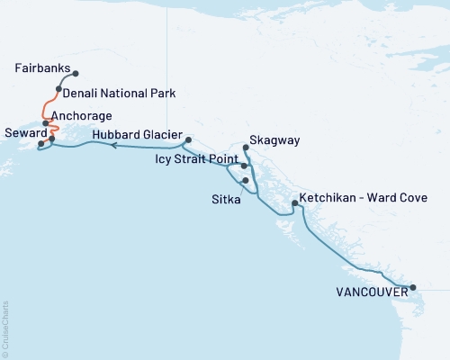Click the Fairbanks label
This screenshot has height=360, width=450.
pos(41,68)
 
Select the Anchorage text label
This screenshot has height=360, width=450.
pos(82,116)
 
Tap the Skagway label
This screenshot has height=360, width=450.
pos(274,141)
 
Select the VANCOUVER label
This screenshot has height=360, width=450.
pos(369,292)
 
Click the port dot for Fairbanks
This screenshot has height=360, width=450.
pos(76,74)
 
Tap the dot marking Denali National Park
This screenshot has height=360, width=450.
pos(58,88)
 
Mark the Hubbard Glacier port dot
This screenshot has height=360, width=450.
pos(187,140)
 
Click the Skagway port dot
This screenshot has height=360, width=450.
pos(246,148)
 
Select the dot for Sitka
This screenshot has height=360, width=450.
pos(245,180)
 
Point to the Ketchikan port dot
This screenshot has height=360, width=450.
pos(294,204)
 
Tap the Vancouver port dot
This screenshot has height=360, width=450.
pos(413,288)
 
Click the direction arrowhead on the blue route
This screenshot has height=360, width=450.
pos(113,144)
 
